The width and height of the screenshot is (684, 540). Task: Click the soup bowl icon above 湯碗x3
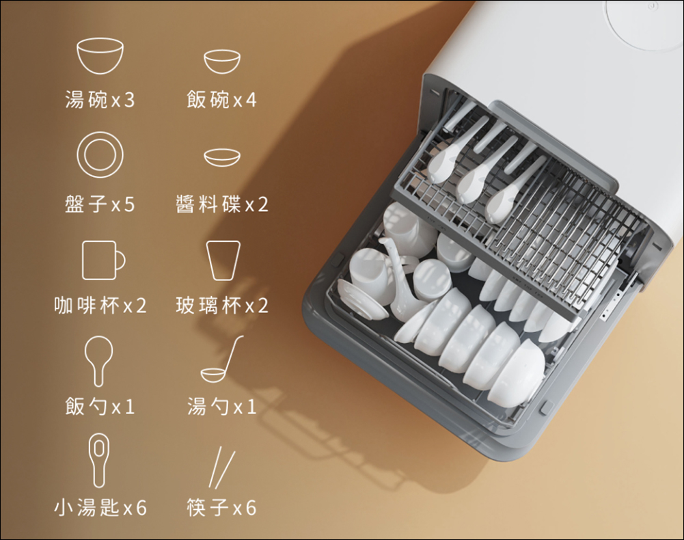coord(100,55)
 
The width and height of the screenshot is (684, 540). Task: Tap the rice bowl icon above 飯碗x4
coord(221,61)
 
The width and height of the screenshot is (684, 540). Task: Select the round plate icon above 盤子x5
coord(100,154)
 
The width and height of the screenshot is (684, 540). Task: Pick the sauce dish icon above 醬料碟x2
coord(221,158)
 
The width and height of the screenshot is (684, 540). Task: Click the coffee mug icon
coord(103,260)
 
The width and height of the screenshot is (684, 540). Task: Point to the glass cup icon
coord(223,260)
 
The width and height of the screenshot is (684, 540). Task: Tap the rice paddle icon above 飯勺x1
coord(98,362)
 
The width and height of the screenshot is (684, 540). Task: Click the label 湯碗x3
coord(100,100)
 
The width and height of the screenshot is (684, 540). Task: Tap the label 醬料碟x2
coord(221,204)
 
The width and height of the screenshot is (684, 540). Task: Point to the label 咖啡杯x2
coord(100,305)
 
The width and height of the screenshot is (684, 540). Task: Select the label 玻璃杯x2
coord(221,305)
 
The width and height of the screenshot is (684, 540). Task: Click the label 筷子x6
coord(221,508)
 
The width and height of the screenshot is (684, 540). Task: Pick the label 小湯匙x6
coord(100,508)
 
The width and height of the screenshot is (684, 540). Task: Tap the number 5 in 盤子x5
coord(129,204)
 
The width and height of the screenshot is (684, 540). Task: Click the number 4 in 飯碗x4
coord(251,100)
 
